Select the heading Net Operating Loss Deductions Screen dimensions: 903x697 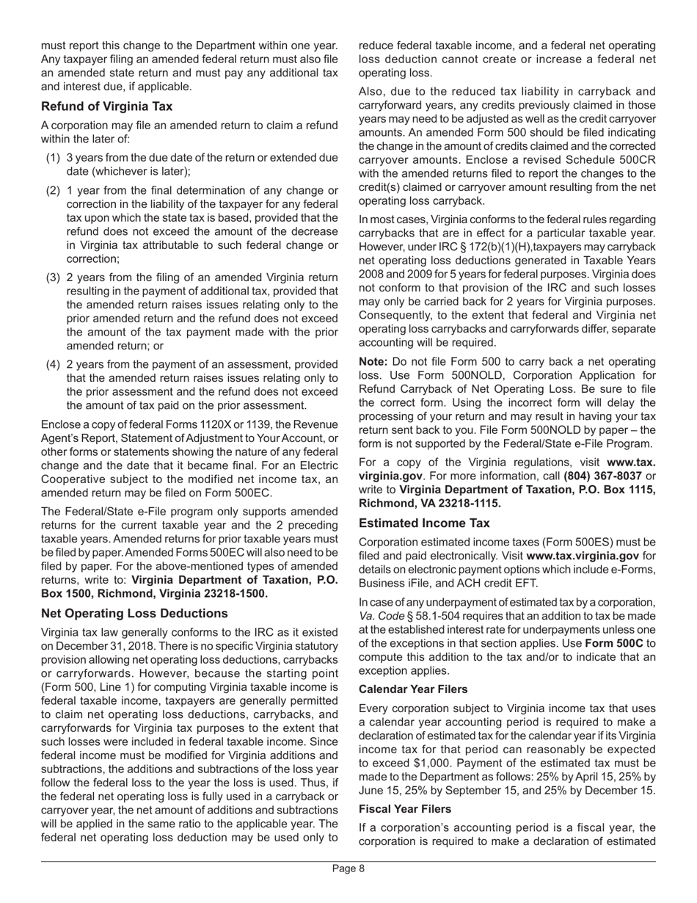[134, 613]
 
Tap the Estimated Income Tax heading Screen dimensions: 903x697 [424, 523]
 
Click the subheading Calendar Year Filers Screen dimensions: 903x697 [413, 689]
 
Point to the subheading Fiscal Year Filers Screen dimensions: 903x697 [405, 808]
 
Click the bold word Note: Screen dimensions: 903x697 [374, 362]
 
